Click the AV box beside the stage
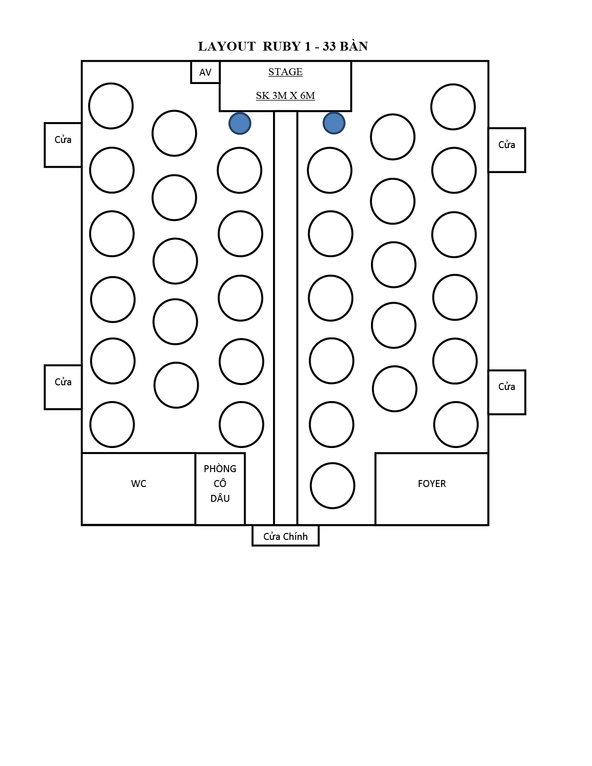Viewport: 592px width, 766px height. pyautogui.click(x=205, y=72)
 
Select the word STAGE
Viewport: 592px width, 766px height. pyautogui.click(x=285, y=72)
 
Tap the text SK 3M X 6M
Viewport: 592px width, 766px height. pyautogui.click(x=285, y=96)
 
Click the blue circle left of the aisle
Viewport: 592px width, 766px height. pyautogui.click(x=240, y=123)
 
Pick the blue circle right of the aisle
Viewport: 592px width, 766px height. pyautogui.click(x=334, y=123)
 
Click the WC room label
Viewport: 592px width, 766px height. pyautogui.click(x=138, y=484)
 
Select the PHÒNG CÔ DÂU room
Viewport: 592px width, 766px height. pyautogui.click(x=220, y=489)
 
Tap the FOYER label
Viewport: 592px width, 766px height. pyautogui.click(x=432, y=484)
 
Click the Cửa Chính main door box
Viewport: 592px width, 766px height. pyautogui.click(x=286, y=536)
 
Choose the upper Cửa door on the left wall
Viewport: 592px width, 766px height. pyautogui.click(x=63, y=145)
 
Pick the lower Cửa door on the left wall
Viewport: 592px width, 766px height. pyautogui.click(x=63, y=387)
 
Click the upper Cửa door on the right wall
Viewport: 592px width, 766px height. pyautogui.click(x=507, y=150)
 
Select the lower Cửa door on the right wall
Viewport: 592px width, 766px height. pyautogui.click(x=507, y=392)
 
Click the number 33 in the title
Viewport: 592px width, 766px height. pyautogui.click(x=329, y=46)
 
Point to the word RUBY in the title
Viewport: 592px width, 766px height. pyautogui.click(x=282, y=46)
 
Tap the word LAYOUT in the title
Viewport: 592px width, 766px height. pyautogui.click(x=227, y=46)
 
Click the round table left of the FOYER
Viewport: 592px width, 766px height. pyautogui.click(x=332, y=486)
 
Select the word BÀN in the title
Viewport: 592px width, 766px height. pyautogui.click(x=354, y=45)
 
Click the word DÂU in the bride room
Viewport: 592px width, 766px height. pyautogui.click(x=220, y=498)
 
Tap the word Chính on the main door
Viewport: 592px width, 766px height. pyautogui.click(x=295, y=536)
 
